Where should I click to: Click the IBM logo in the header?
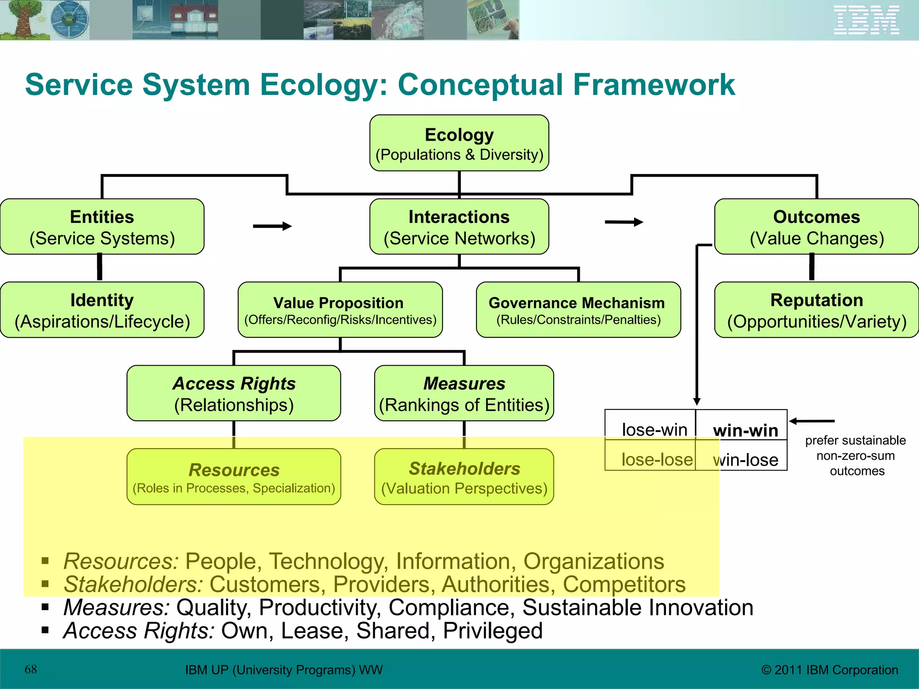tap(866, 20)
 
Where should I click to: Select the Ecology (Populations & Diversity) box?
tap(459, 143)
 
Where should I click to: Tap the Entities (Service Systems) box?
tap(102, 227)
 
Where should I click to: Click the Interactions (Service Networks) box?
tap(459, 227)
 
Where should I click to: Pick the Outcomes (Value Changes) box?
tap(816, 227)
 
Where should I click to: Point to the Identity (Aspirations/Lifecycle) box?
tap(102, 310)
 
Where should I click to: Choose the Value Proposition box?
tap(340, 310)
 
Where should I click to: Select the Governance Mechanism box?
tap(578, 310)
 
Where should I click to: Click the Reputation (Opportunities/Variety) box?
tap(816, 310)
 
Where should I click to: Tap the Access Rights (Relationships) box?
tap(234, 393)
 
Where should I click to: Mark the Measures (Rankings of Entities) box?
tap(464, 393)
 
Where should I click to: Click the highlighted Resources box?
tap(234, 477)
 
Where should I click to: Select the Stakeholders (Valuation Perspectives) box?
tap(464, 477)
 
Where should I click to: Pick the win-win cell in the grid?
tap(745, 430)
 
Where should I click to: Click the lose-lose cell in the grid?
tap(656, 459)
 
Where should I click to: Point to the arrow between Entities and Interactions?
tap(272, 226)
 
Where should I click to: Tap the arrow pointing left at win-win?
tap(811, 421)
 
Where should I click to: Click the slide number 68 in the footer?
tap(31, 669)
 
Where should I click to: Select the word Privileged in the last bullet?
tap(492, 631)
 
